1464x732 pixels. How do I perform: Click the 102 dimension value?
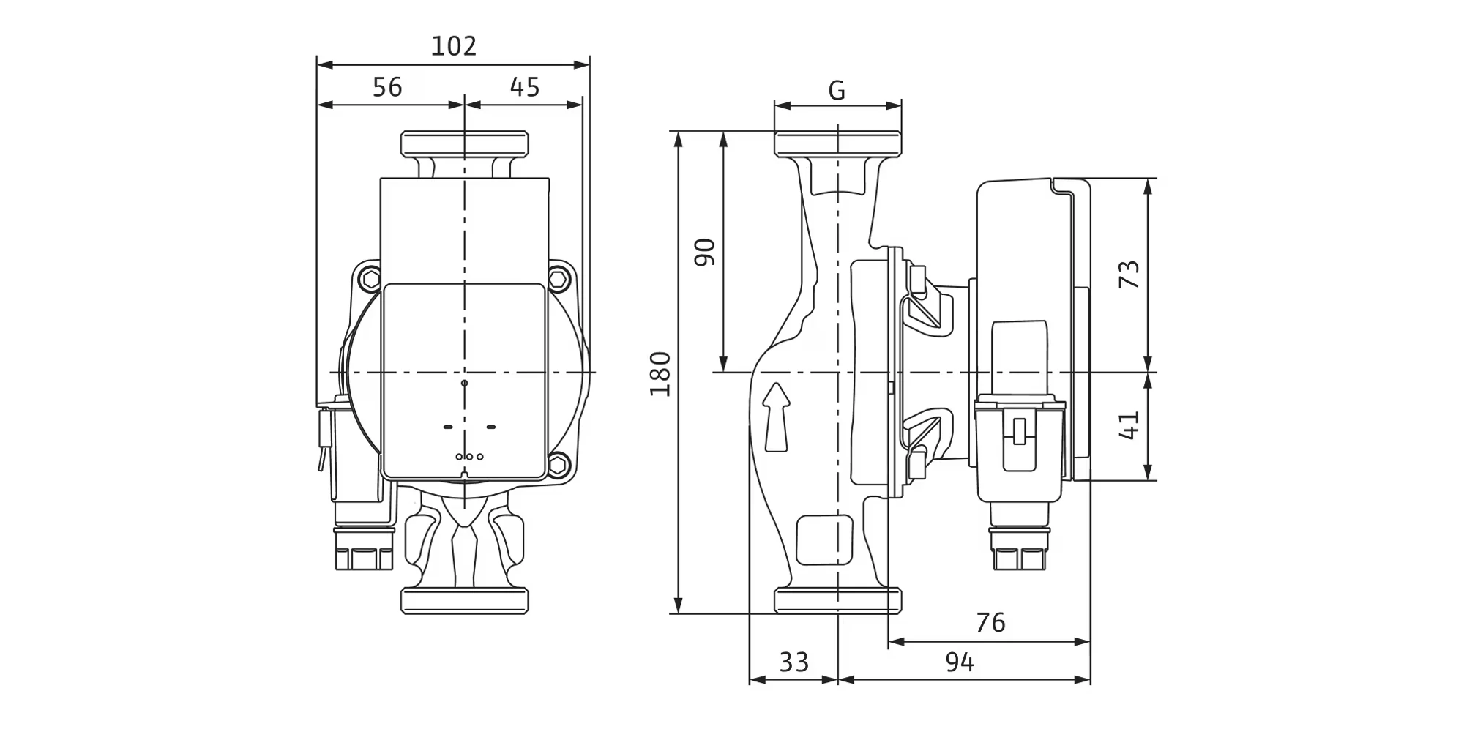click(x=454, y=46)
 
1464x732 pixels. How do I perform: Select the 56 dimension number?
click(x=387, y=87)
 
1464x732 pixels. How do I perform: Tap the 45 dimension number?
click(x=525, y=87)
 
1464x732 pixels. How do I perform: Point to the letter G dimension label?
click(x=837, y=91)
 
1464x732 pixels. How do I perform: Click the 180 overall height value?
click(x=661, y=373)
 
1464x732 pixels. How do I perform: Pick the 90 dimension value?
click(x=705, y=252)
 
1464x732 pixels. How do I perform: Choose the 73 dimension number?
click(x=1130, y=274)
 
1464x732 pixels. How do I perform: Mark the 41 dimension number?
click(x=1130, y=425)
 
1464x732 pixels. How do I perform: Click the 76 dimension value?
click(x=990, y=623)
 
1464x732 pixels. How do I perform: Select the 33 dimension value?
click(x=793, y=662)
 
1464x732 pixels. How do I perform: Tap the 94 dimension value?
click(x=960, y=662)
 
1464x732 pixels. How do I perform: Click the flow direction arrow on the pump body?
click(x=777, y=417)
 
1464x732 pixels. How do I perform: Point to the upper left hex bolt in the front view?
click(x=370, y=279)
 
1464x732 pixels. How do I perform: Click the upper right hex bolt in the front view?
click(x=559, y=279)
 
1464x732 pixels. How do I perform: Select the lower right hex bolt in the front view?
click(x=559, y=463)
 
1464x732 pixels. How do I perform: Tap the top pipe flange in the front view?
click(x=464, y=143)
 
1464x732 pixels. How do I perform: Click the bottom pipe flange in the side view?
click(x=837, y=600)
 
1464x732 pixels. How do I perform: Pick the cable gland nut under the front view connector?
click(x=364, y=556)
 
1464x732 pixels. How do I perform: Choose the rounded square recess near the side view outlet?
click(x=824, y=539)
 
